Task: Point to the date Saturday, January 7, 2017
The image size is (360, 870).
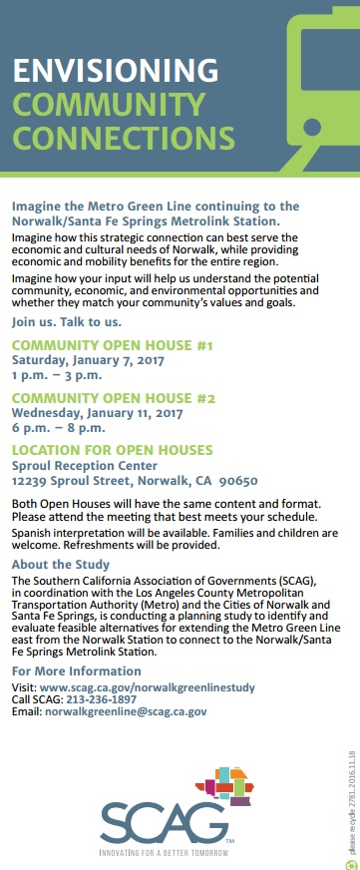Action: pos(88,360)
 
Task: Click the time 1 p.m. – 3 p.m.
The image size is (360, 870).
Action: pos(56,375)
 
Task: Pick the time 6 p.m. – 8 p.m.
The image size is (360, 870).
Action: pos(56,427)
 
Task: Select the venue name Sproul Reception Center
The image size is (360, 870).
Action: pos(84,465)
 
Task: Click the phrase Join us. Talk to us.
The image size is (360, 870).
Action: pos(66,322)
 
